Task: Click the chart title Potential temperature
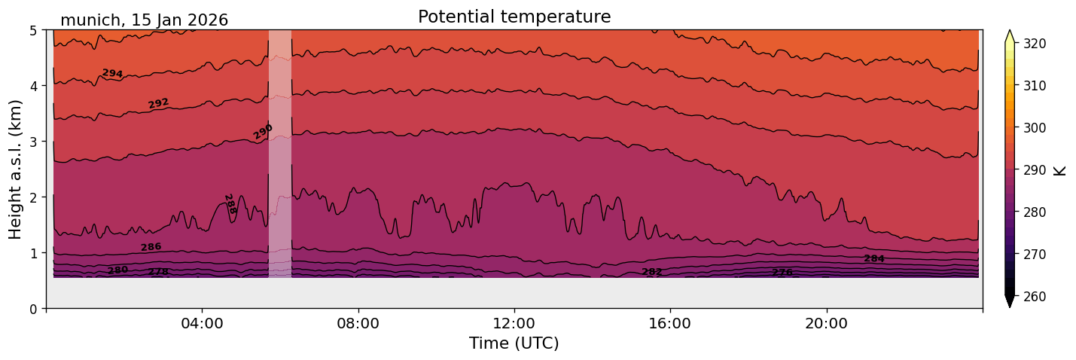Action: tap(514, 17)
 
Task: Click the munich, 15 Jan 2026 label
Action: tap(144, 20)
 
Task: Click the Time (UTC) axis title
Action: tap(514, 343)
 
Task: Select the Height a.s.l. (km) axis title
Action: tap(16, 169)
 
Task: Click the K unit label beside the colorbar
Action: tap(1060, 170)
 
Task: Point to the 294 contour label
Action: tap(112, 73)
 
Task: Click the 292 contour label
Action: tap(158, 103)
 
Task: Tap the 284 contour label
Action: tap(873, 258)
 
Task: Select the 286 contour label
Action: tap(151, 247)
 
